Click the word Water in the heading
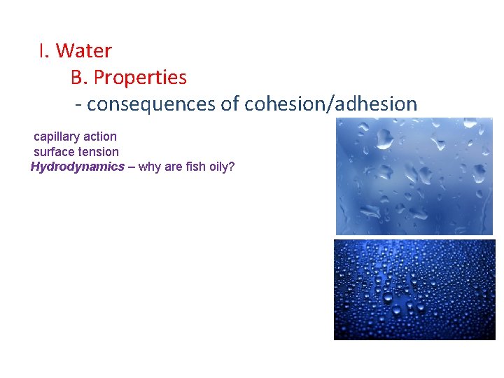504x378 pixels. point(83,51)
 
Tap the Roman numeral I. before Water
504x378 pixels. point(44,51)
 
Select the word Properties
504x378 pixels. point(140,77)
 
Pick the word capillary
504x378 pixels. point(57,136)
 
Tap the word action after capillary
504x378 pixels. point(100,136)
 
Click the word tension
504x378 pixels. point(99,152)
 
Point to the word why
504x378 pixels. point(150,167)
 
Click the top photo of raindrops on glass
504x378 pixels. point(414,176)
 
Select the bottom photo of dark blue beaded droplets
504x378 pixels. point(414,289)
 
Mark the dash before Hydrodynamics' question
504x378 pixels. point(132,167)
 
